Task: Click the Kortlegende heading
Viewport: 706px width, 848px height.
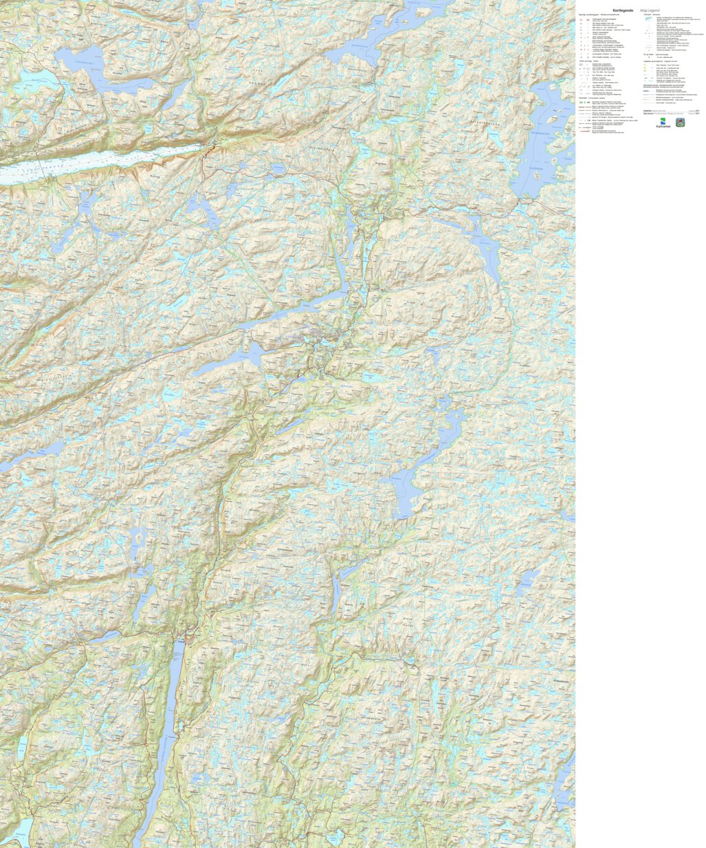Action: tap(624, 10)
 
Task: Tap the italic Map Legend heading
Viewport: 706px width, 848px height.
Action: tap(650, 10)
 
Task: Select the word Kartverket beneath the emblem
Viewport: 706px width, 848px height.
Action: tap(663, 127)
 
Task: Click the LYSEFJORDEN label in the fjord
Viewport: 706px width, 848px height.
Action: tap(41, 167)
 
